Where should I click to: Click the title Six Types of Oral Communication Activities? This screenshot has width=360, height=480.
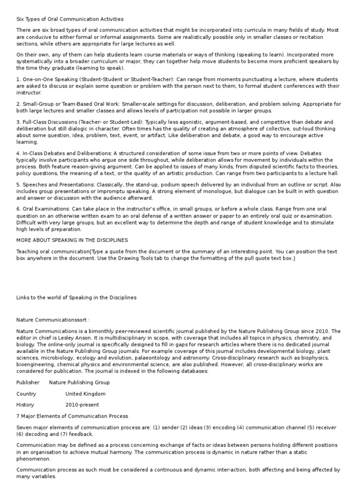click(70, 19)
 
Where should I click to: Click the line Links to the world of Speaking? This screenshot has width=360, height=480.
click(76, 297)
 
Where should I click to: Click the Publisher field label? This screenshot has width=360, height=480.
click(28, 382)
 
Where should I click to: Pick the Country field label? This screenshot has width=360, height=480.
click(26, 394)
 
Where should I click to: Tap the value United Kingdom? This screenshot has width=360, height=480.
click(85, 394)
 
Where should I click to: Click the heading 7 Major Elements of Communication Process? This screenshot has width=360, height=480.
click(72, 416)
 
